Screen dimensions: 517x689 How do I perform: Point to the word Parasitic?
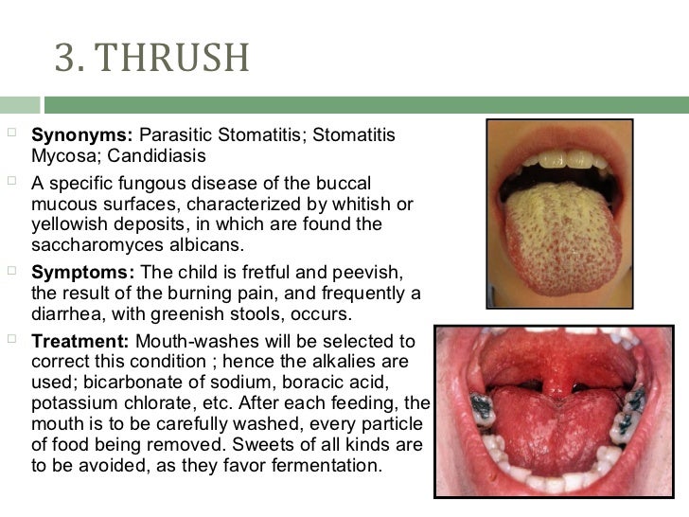(x=176, y=137)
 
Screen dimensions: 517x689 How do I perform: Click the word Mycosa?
(x=58, y=156)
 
